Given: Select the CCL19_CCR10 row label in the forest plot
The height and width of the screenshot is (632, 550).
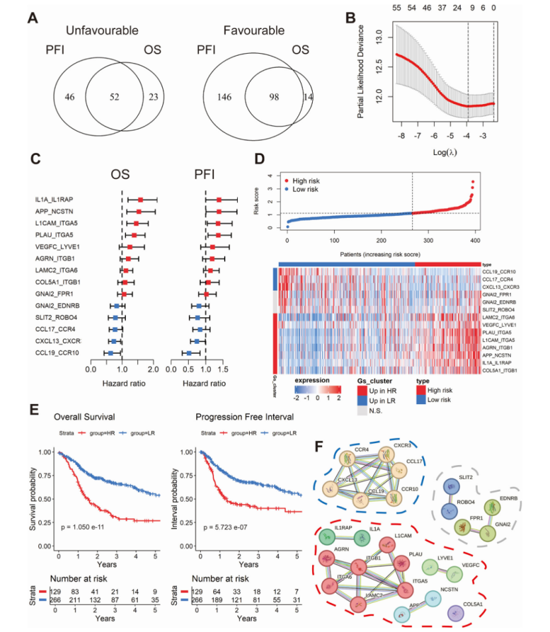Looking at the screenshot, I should point(58,352).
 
